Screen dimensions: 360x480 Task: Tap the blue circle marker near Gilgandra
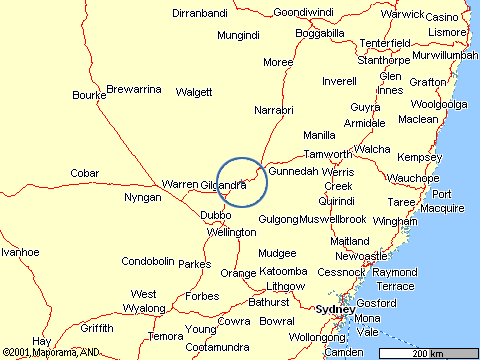[x=240, y=182]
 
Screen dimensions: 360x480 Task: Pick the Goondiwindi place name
[x=303, y=13]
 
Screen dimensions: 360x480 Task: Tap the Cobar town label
[x=84, y=173]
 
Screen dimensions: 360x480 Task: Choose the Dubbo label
[x=216, y=215]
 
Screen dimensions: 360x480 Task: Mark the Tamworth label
[x=327, y=154]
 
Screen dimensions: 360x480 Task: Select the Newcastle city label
[x=360, y=256]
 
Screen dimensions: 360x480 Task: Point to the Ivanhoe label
[x=20, y=252]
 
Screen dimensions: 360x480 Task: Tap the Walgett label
[x=194, y=92]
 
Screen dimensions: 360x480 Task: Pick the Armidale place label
[x=364, y=123]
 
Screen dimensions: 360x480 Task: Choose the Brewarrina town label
[x=134, y=89]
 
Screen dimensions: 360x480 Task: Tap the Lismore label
[x=446, y=33]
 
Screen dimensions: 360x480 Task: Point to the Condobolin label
[x=149, y=262]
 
